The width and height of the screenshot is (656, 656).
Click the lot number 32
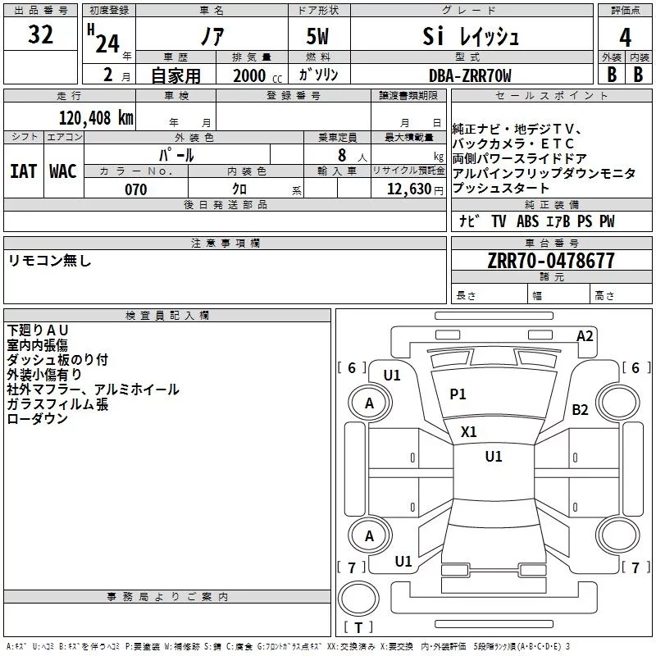point(41,35)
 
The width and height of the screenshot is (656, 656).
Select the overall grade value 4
point(626,37)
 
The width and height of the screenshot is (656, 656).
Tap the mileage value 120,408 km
point(96,118)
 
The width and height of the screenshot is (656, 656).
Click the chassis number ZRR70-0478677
point(551,261)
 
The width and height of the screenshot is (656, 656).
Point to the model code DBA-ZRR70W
point(470,75)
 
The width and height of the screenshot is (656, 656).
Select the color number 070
point(136,189)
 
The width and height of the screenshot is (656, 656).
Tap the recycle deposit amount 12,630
point(407,189)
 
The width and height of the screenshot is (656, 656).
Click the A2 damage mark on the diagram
point(585,335)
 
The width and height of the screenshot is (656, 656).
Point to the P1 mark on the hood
point(458,394)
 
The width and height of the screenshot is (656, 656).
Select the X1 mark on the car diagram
point(469,431)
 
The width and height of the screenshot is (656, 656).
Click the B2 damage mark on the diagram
point(581,409)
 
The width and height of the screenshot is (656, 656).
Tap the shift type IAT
point(23,171)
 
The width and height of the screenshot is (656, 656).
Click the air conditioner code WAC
point(62,171)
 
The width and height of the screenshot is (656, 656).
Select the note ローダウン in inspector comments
point(38,419)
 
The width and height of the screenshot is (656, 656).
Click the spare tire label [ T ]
point(358,627)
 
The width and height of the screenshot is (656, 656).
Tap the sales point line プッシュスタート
point(501,189)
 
